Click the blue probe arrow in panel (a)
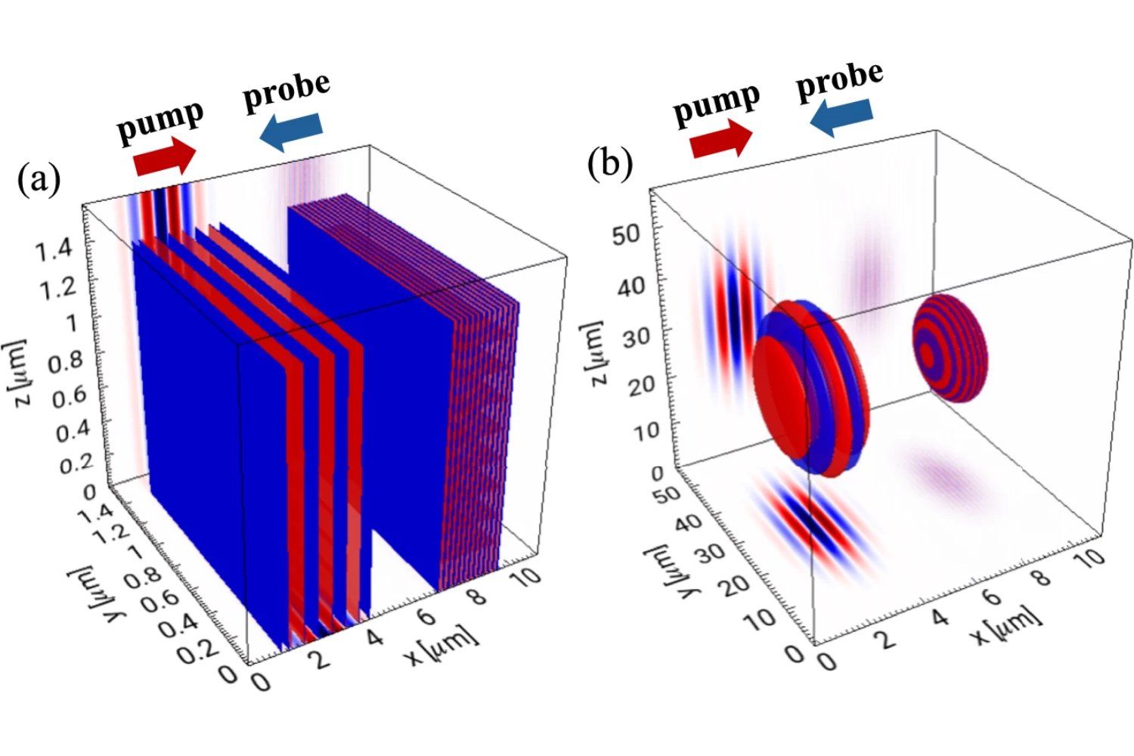pyautogui.click(x=291, y=132)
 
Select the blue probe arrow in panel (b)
pyautogui.click(x=840, y=117)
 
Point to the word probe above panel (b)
pyautogui.click(x=840, y=79)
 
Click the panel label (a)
pyautogui.click(x=38, y=181)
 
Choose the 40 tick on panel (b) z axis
pyautogui.click(x=633, y=287)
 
